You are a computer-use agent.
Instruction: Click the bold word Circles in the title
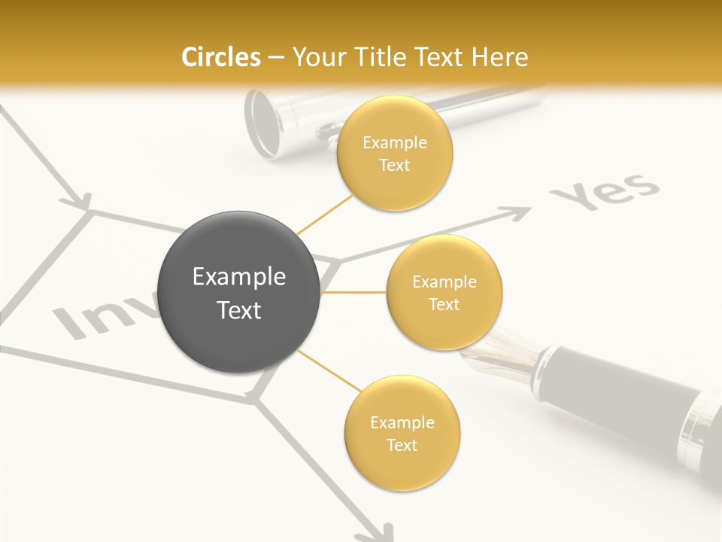click(220, 57)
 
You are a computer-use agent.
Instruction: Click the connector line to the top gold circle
click(325, 214)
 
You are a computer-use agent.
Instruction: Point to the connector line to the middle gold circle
click(353, 292)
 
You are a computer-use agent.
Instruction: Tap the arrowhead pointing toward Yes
click(520, 215)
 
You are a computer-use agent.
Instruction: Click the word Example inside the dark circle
click(239, 277)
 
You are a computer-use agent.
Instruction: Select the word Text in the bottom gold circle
click(402, 445)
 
